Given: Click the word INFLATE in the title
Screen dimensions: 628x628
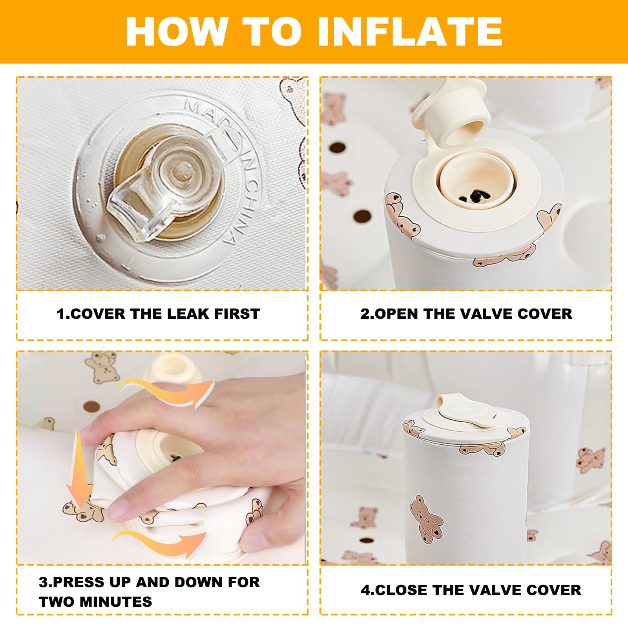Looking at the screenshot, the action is click(410, 32).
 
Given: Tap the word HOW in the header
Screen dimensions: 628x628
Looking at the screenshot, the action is click(177, 32).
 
